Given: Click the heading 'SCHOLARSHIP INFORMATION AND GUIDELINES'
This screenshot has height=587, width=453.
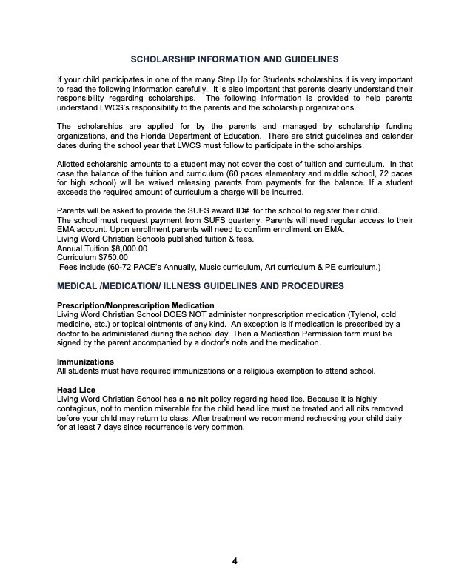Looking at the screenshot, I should (235, 59).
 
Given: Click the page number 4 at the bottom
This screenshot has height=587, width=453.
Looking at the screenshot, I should (235, 560).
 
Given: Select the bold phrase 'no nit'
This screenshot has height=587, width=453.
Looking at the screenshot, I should (199, 399).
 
